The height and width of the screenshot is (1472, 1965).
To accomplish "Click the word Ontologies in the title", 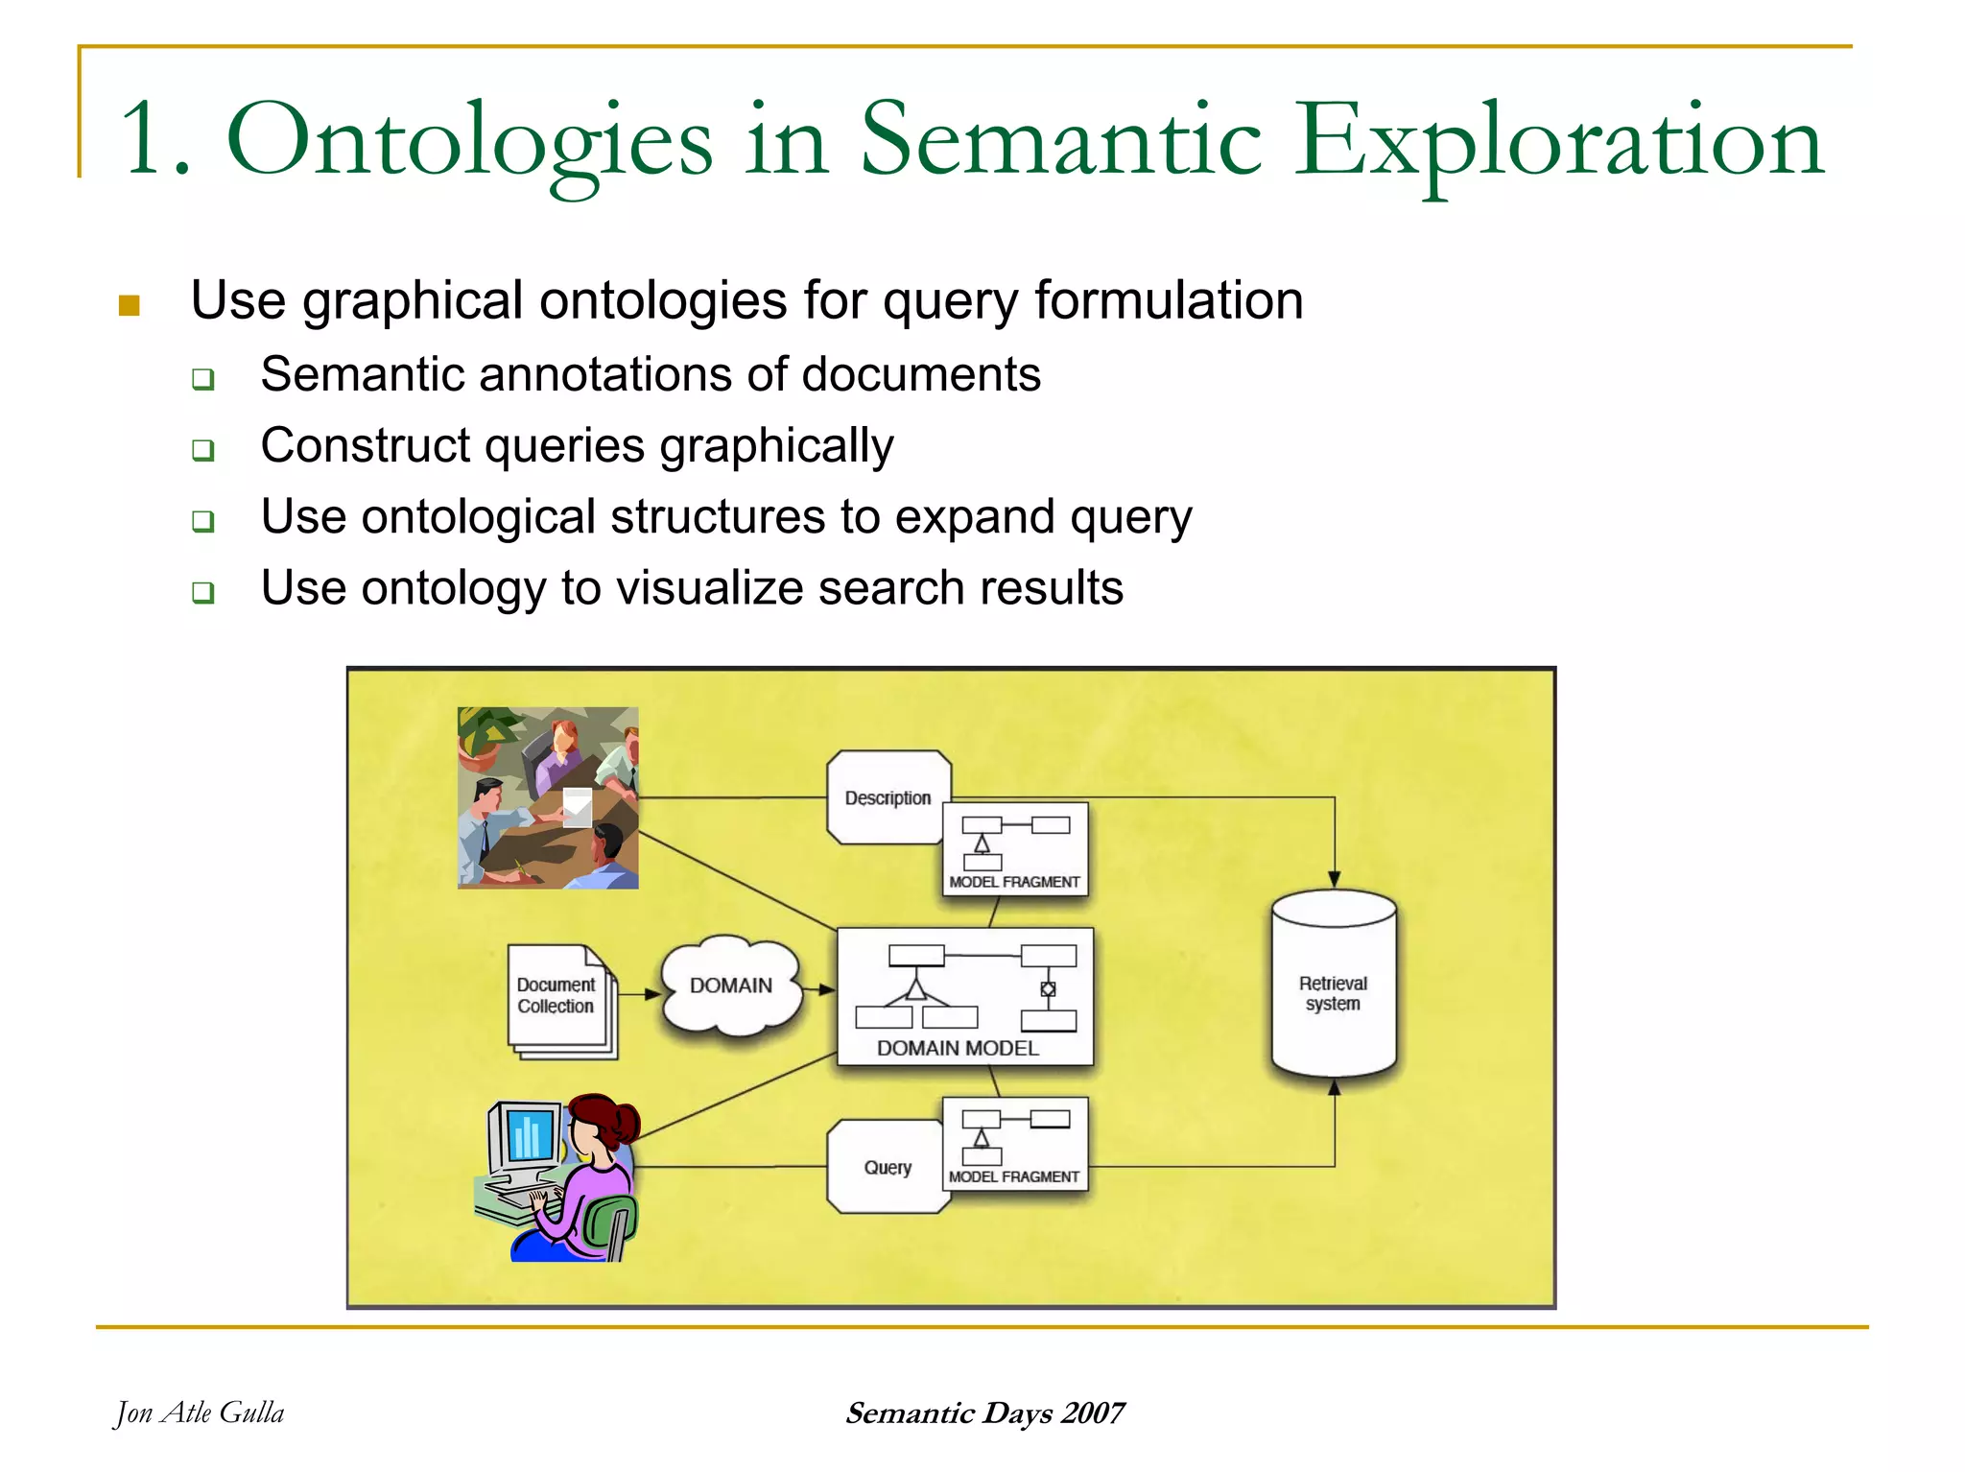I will tap(469, 142).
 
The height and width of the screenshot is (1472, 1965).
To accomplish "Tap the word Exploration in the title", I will tap(1558, 142).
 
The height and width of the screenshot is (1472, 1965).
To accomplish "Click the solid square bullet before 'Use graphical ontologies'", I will tap(130, 306).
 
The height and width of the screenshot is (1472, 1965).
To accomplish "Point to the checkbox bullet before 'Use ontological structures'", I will tap(202, 521).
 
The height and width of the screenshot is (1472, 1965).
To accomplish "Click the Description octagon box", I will tap(886, 797).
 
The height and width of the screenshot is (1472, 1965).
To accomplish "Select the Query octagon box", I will tap(886, 1167).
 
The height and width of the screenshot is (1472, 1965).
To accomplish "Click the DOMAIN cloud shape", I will tap(731, 985).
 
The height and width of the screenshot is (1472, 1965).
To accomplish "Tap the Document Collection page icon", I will tap(557, 997).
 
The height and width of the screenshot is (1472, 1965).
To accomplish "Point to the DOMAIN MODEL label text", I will tap(958, 1048).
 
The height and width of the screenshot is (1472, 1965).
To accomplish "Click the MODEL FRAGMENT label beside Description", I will tap(1014, 882).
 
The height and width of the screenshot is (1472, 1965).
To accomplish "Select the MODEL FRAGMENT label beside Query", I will tap(1014, 1176).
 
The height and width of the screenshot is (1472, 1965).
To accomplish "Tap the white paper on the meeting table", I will tap(577, 805).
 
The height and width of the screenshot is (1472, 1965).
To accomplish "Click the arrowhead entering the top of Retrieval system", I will tap(1334, 879).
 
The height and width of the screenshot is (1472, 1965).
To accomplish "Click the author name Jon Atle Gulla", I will tap(200, 1413).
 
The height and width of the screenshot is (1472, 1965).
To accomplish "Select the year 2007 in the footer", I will tap(1094, 1413).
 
